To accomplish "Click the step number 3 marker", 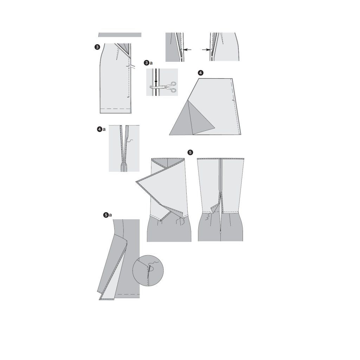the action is click(97, 47).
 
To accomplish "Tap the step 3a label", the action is click(148, 63).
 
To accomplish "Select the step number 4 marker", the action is click(201, 73).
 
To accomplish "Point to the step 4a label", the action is click(101, 129).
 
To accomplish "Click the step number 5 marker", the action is click(190, 152).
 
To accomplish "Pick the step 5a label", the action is click(108, 215).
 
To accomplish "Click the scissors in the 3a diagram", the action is click(163, 87).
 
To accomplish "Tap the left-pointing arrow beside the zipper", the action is click(187, 49).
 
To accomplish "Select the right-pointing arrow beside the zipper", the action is click(206, 49).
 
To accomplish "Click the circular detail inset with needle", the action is click(148, 271).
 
